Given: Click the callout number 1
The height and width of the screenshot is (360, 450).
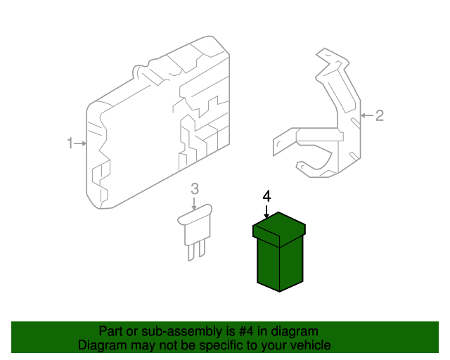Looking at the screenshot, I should [x=70, y=143].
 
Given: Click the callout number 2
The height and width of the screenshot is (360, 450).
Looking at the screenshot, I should [x=380, y=115].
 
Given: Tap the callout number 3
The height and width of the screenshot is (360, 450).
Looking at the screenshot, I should [x=195, y=188].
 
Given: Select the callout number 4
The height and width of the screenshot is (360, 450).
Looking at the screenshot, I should [x=266, y=195].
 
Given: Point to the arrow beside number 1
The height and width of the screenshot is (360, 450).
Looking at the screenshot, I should [x=81, y=143].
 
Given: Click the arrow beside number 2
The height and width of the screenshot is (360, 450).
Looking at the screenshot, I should [x=366, y=115].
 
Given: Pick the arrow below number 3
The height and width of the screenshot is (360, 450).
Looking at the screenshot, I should [x=195, y=203].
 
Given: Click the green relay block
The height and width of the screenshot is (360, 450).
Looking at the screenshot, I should [x=280, y=260].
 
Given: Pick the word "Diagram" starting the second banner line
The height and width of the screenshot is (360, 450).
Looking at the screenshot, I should [x=100, y=345].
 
